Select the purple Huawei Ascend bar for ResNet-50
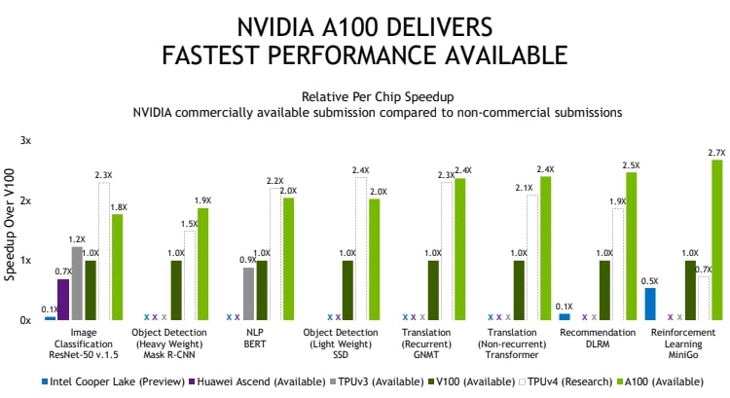click(x=63, y=300)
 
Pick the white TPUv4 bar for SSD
click(x=361, y=249)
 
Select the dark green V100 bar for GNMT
click(x=434, y=290)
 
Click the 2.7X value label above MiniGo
click(x=717, y=153)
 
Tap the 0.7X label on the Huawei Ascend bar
click(x=63, y=271)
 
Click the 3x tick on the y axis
click(x=26, y=141)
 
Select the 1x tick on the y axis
click(x=26, y=261)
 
